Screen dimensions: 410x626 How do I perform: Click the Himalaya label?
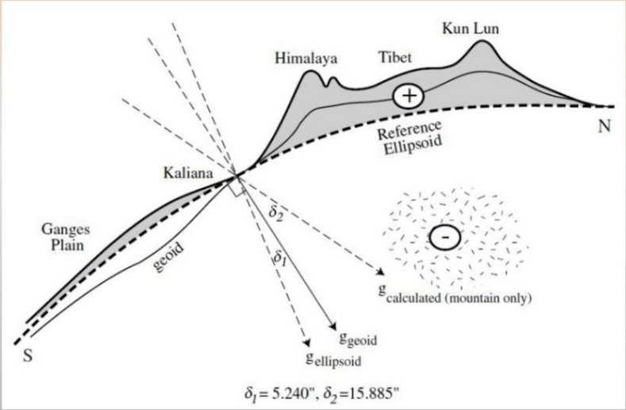tap(305, 58)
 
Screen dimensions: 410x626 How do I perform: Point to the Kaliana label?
tap(187, 171)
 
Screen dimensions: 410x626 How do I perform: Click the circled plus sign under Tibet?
tap(409, 96)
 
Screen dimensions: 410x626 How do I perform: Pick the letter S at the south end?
tap(28, 354)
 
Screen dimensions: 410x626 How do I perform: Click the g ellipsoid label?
tap(334, 358)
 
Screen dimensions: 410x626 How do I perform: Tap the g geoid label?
tap(357, 339)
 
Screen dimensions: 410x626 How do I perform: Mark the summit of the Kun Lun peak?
tap(482, 40)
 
